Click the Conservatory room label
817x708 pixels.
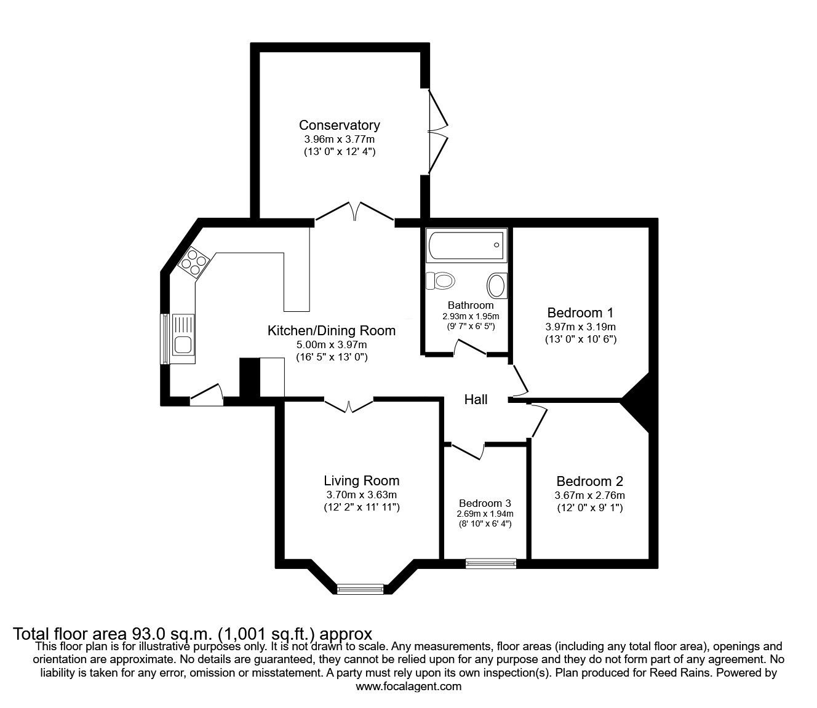339,125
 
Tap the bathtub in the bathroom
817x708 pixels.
466,245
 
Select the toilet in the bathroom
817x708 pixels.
440,281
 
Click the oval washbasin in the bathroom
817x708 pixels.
497,286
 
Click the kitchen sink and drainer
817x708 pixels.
183,338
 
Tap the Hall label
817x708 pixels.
476,400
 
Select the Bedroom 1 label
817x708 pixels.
580,312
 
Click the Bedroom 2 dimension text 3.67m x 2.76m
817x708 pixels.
590,495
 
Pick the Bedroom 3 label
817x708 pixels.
485,503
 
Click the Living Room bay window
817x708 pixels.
360,589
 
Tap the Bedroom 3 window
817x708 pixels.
491,563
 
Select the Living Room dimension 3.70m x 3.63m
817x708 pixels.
361,495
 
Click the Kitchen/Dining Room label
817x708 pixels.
331,330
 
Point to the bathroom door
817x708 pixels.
470,348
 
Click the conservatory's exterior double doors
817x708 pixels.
438,132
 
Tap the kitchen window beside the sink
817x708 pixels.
164,339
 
